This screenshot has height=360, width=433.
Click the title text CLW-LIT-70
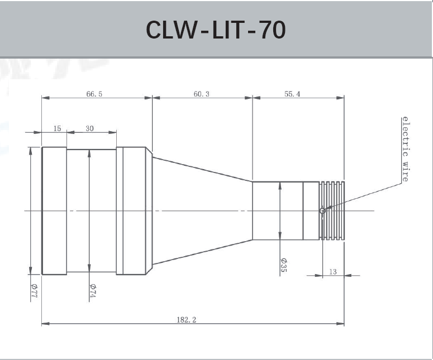tap(216, 30)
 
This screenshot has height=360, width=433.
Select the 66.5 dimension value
tap(94, 94)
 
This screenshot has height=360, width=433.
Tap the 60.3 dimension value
tap(201, 94)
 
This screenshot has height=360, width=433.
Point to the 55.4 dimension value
tap(292, 94)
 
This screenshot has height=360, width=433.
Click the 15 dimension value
tap(57, 128)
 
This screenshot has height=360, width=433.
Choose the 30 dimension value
tap(89, 128)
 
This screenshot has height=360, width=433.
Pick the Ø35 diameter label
tap(283, 264)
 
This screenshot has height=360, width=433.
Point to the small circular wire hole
tap(322, 211)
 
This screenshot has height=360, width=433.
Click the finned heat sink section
tap(333, 210)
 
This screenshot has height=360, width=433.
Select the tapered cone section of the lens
tap(201, 210)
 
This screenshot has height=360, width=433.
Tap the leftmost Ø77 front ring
tap(54, 210)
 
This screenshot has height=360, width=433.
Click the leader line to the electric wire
tap(363, 196)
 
